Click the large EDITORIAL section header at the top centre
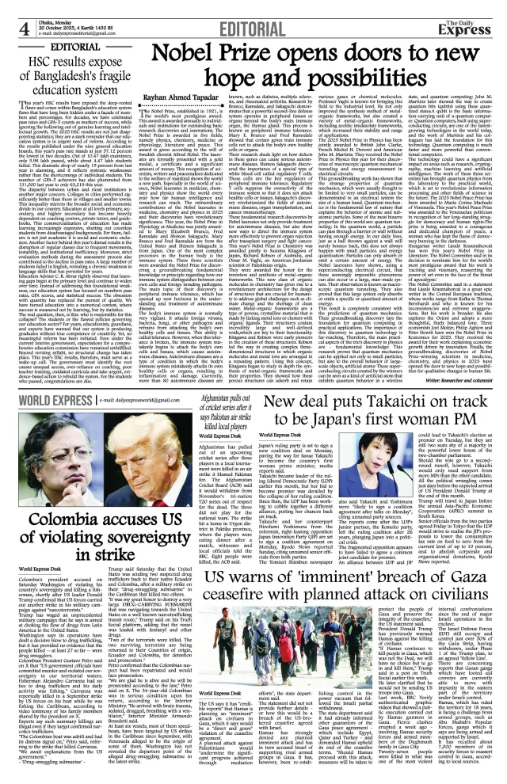pos(253,13)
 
